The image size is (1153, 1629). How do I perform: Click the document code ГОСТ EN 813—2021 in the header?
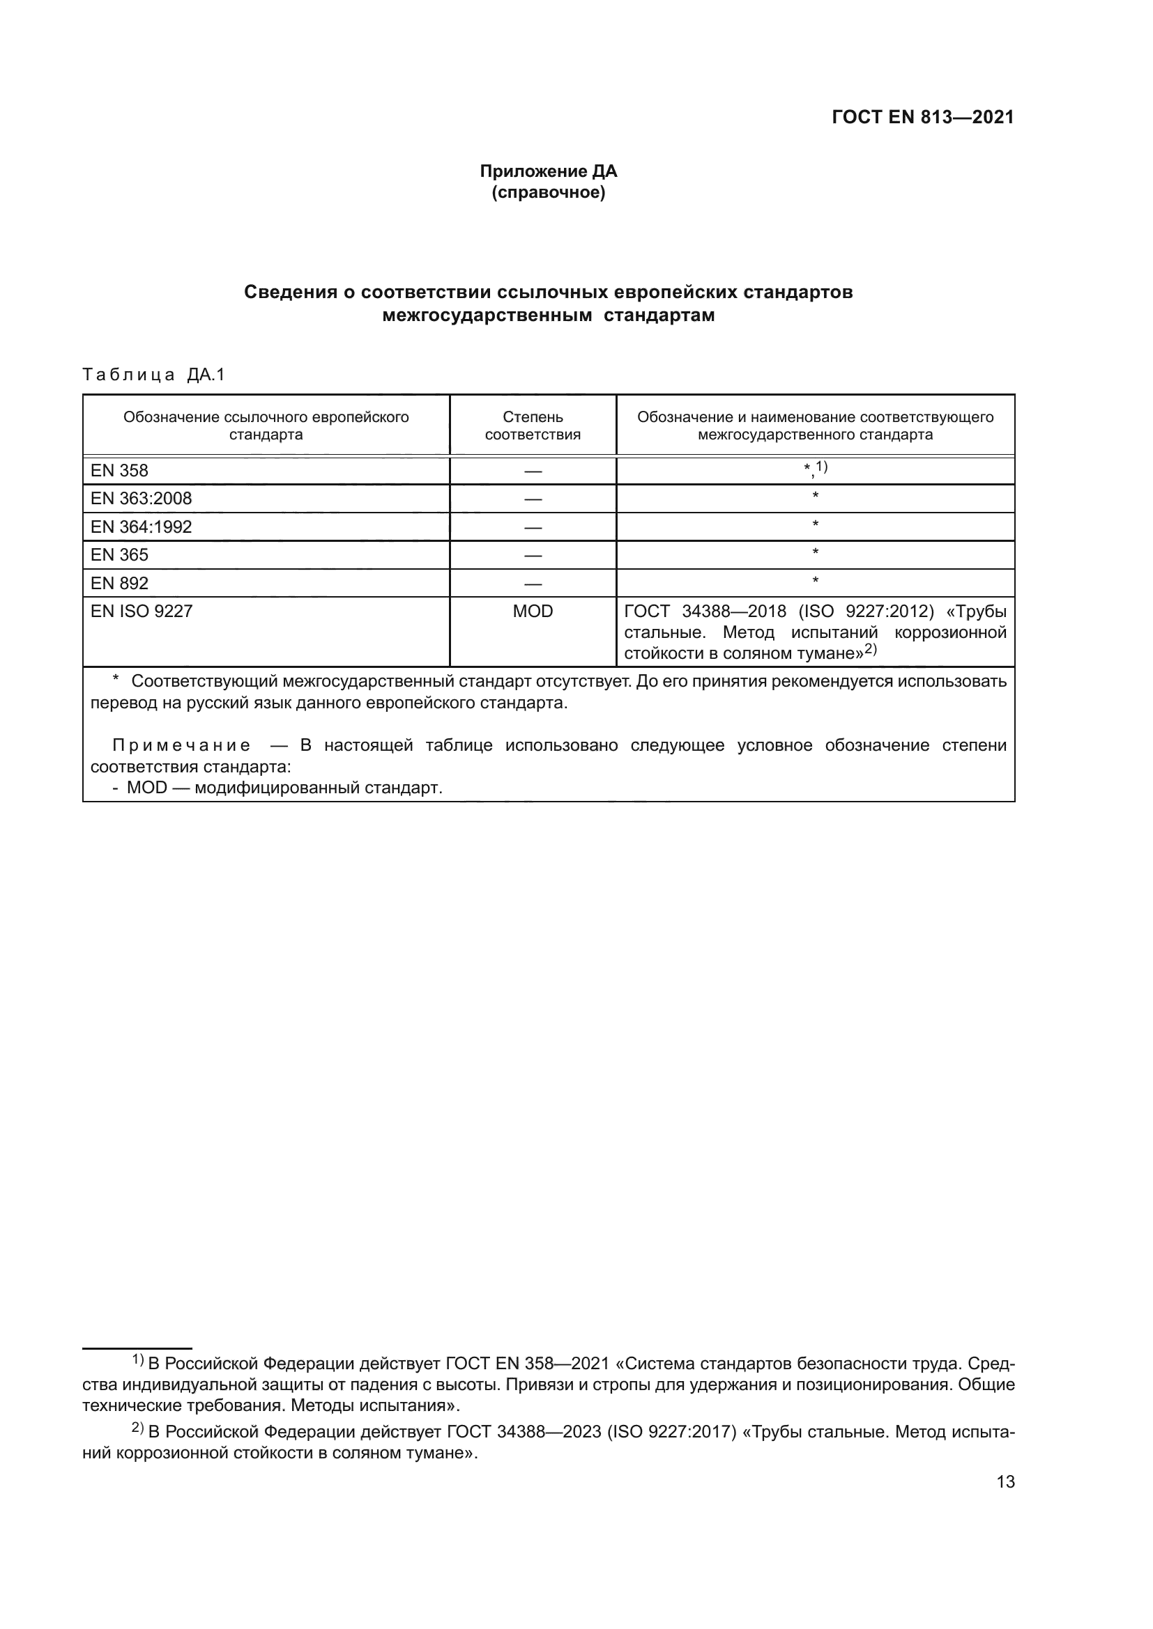click(922, 118)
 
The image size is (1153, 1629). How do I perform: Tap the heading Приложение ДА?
click(548, 171)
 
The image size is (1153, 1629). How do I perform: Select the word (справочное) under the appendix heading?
click(548, 192)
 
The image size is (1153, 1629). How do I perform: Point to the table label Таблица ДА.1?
click(153, 375)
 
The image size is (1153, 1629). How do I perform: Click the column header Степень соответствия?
click(533, 426)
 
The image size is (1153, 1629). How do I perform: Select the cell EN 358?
click(119, 470)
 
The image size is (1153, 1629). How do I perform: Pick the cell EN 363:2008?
click(141, 499)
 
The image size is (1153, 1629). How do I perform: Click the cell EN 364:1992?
click(141, 527)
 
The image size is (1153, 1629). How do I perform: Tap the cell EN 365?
click(119, 555)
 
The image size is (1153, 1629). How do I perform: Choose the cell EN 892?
click(119, 583)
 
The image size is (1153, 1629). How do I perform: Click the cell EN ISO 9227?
click(142, 611)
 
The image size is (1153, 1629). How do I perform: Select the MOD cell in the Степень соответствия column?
click(533, 611)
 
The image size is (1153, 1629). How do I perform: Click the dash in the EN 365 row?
click(533, 556)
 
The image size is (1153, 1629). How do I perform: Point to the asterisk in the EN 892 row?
click(815, 581)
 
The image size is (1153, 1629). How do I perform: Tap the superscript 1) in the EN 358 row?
click(821, 466)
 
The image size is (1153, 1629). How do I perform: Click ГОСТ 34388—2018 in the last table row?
click(705, 611)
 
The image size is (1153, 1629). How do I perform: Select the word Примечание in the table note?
click(181, 745)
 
